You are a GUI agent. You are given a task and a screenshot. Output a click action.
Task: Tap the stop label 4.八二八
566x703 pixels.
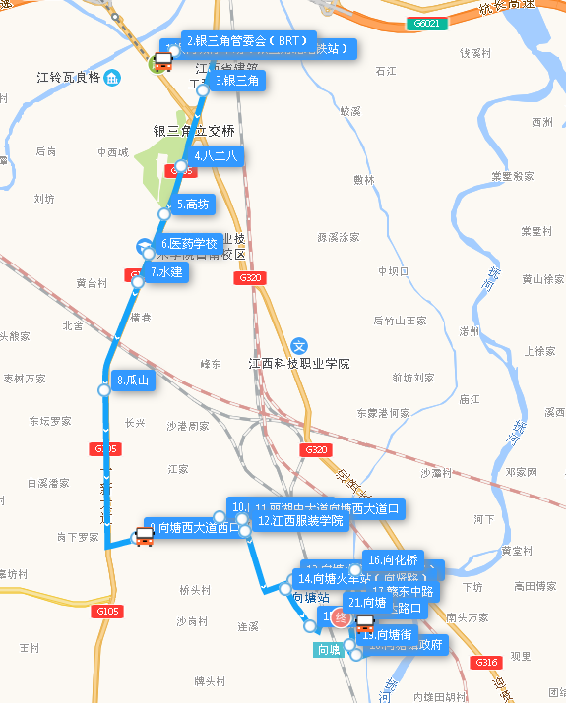(x=216, y=155)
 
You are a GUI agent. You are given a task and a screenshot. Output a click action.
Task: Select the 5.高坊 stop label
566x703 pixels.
(x=192, y=205)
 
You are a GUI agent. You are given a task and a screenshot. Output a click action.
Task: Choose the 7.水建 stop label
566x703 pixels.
(x=166, y=271)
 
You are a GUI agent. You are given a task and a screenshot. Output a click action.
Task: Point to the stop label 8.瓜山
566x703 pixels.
(x=132, y=380)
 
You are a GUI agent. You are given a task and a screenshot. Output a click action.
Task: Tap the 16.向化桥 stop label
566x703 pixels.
(x=393, y=559)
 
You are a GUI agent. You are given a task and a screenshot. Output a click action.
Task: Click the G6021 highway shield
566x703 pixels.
(x=428, y=23)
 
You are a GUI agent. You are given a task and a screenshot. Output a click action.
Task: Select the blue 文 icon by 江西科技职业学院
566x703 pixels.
(x=301, y=346)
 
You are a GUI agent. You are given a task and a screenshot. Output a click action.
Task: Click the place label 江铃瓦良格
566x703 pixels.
(x=68, y=77)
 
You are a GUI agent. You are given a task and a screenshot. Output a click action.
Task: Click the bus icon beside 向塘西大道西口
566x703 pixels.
(x=144, y=536)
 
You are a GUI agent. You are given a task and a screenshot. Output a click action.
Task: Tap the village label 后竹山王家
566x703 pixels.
(x=400, y=321)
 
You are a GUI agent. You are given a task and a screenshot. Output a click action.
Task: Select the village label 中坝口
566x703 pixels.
(x=393, y=271)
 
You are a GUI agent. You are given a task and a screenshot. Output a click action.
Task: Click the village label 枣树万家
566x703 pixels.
(x=24, y=379)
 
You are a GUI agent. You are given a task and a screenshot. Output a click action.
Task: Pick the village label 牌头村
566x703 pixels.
(x=210, y=680)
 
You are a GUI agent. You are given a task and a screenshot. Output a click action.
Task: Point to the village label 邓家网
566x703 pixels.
(x=521, y=472)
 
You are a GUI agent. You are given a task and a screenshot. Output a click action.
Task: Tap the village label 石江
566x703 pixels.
(x=385, y=71)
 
